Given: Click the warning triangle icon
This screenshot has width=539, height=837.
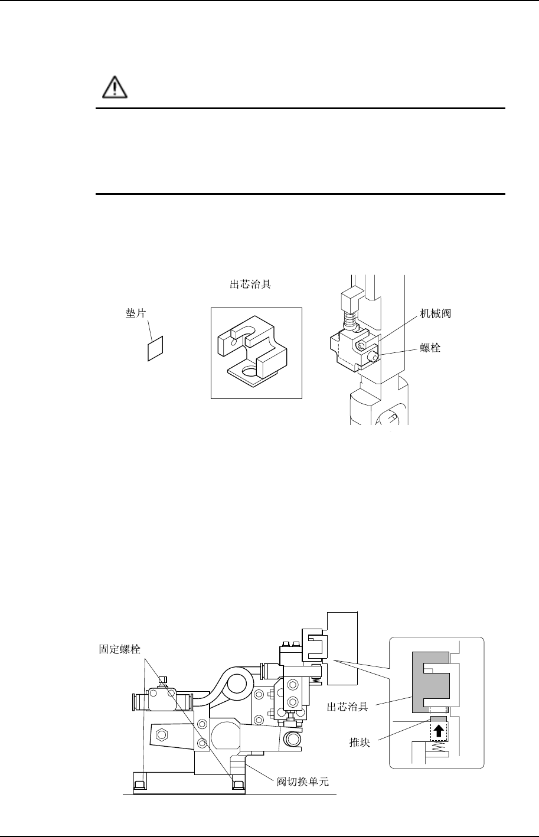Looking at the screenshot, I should (110, 89).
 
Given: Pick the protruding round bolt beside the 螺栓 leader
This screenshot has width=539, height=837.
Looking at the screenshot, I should (374, 356).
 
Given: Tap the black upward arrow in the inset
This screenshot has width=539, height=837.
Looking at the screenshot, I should (438, 731).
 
